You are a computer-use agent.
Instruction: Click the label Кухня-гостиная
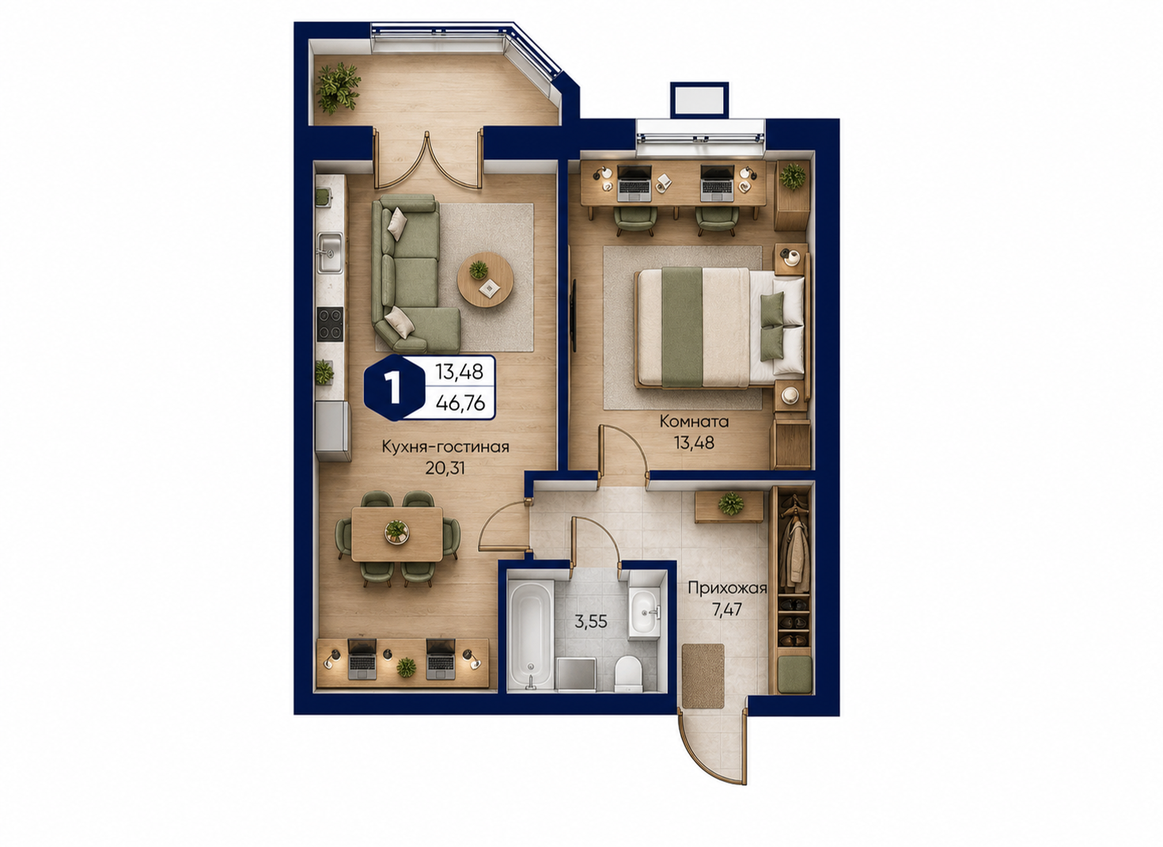pyautogui.click(x=445, y=447)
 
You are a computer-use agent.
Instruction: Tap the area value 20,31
pyautogui.click(x=445, y=469)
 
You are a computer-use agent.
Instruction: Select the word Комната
pyautogui.click(x=694, y=421)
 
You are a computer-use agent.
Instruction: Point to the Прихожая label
pyautogui.click(x=727, y=588)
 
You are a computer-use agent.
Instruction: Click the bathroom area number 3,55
pyautogui.click(x=591, y=621)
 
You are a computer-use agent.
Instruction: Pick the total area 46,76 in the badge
pyautogui.click(x=460, y=403)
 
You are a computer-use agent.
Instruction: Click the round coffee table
pyautogui.click(x=485, y=279)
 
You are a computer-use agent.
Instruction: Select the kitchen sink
pyautogui.click(x=330, y=253)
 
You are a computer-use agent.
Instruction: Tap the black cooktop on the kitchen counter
pyautogui.click(x=330, y=325)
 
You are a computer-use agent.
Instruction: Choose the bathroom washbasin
pyautogui.click(x=644, y=613)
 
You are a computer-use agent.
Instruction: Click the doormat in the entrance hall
pyautogui.click(x=703, y=676)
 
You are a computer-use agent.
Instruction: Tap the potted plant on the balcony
pyautogui.click(x=338, y=89)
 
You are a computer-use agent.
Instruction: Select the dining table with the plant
pyautogui.click(x=397, y=534)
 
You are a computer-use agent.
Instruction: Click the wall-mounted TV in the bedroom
pyautogui.click(x=574, y=316)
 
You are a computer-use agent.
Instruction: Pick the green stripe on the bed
pyautogui.click(x=682, y=328)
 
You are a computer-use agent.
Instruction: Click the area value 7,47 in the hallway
pyautogui.click(x=727, y=610)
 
